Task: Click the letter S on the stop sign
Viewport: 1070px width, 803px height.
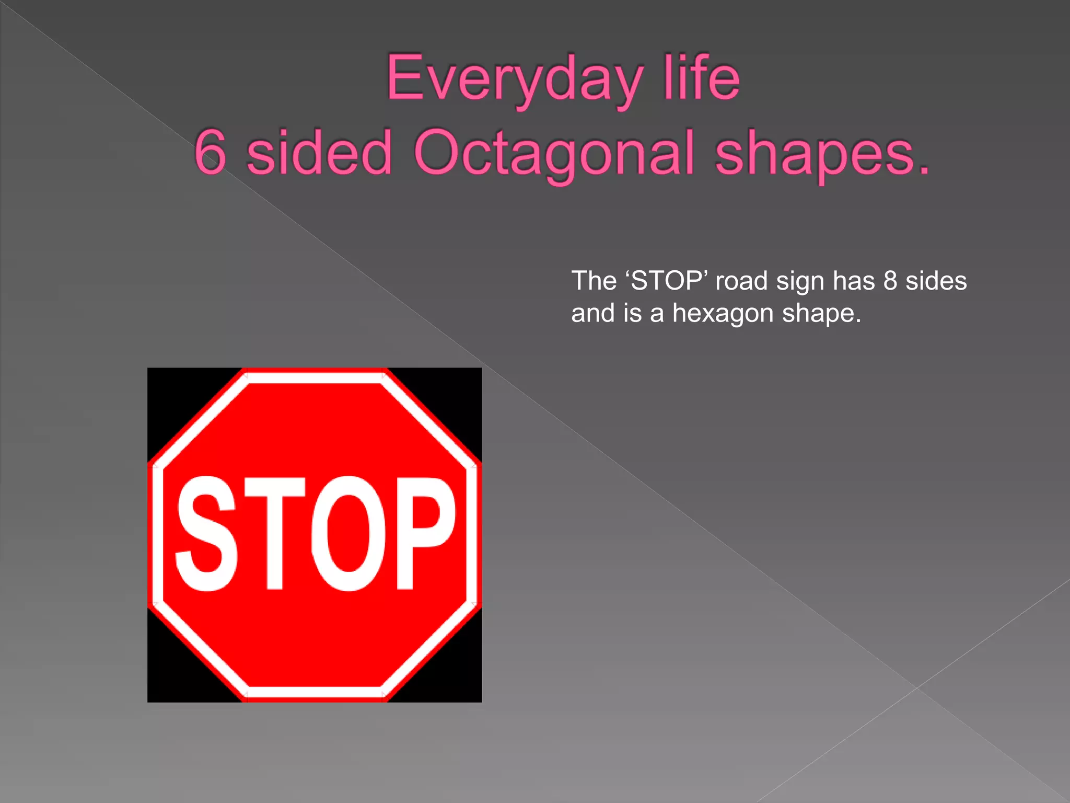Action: (x=206, y=533)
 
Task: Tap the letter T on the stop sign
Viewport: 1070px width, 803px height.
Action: (x=275, y=533)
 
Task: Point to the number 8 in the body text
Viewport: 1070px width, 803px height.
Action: (x=890, y=281)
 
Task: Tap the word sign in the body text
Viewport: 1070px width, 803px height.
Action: (x=800, y=281)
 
